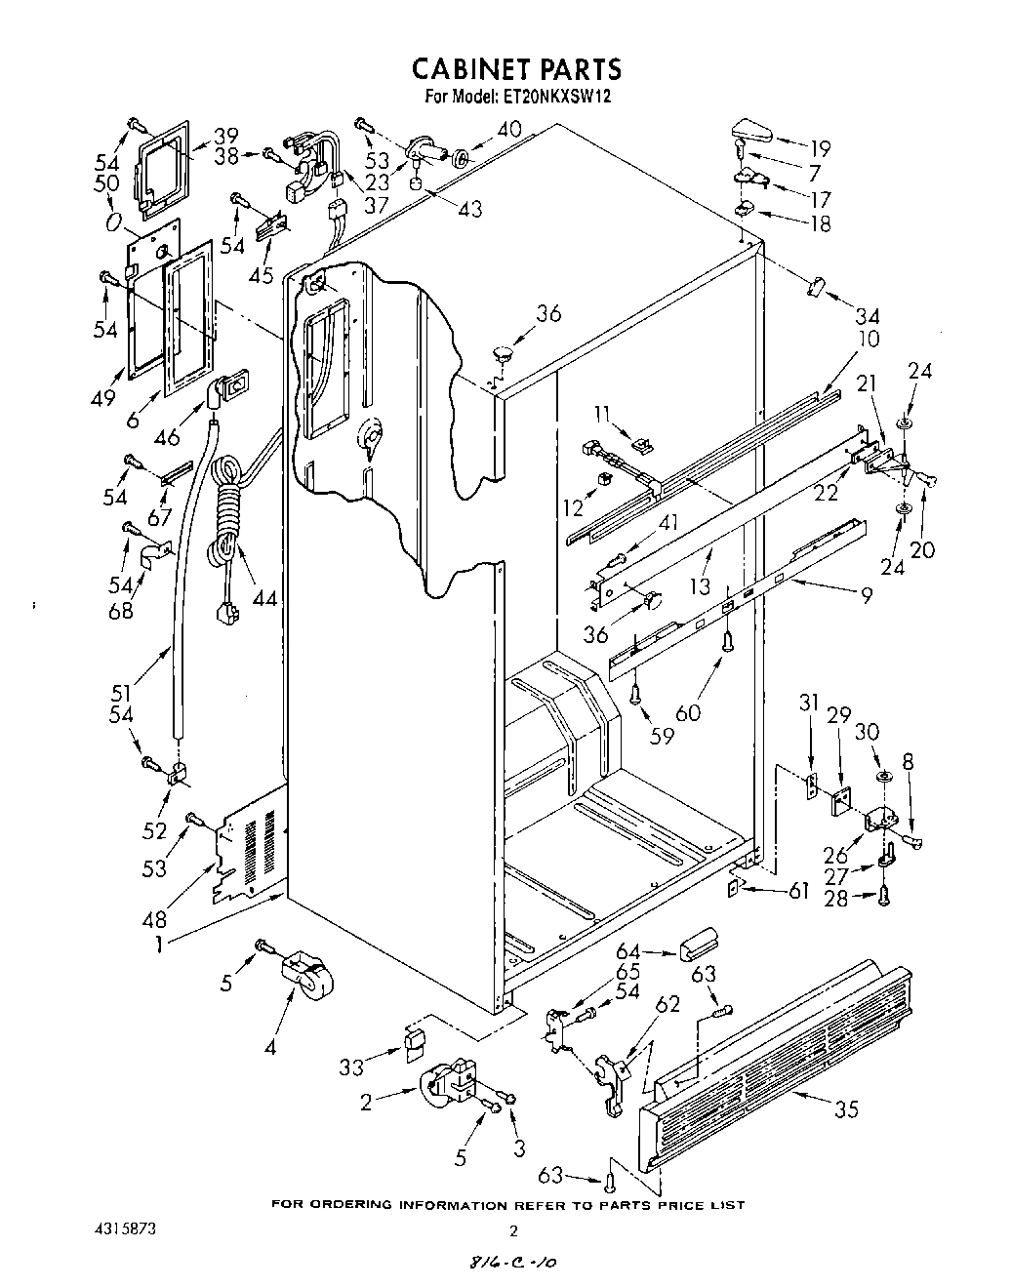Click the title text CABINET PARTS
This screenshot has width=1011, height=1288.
click(515, 69)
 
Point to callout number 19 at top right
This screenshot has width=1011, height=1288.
click(820, 149)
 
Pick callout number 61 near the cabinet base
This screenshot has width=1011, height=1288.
click(798, 892)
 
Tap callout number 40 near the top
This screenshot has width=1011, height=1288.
click(509, 129)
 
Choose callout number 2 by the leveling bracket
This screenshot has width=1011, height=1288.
click(367, 1104)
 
